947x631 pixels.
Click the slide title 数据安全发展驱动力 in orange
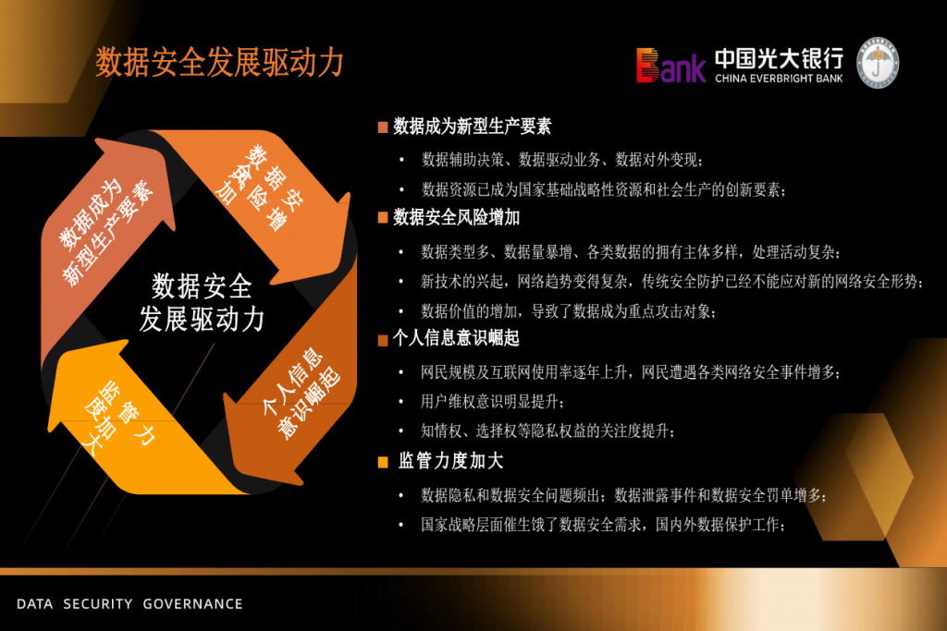tap(219, 62)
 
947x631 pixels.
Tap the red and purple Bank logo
tap(670, 66)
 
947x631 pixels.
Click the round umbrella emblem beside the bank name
tap(879, 63)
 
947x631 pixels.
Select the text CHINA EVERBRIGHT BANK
tap(779, 79)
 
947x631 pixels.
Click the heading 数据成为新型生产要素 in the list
tap(473, 126)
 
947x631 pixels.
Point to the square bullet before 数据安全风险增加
tap(382, 218)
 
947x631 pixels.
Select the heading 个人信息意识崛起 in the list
tap(456, 338)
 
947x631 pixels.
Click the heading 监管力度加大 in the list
tap(450, 461)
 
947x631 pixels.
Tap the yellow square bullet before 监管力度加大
tap(382, 462)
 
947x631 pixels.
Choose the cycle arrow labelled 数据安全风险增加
tap(265, 199)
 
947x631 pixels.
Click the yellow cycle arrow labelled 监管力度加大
tap(133, 422)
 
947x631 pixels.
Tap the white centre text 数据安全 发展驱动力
tap(202, 303)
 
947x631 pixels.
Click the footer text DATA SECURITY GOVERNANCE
tap(129, 604)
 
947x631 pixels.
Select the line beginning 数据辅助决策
tap(562, 160)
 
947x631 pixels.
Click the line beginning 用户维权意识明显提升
tap(493, 402)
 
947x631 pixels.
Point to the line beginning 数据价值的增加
tap(569, 311)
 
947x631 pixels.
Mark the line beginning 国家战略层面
tap(603, 525)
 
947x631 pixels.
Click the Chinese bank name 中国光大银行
tap(779, 58)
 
